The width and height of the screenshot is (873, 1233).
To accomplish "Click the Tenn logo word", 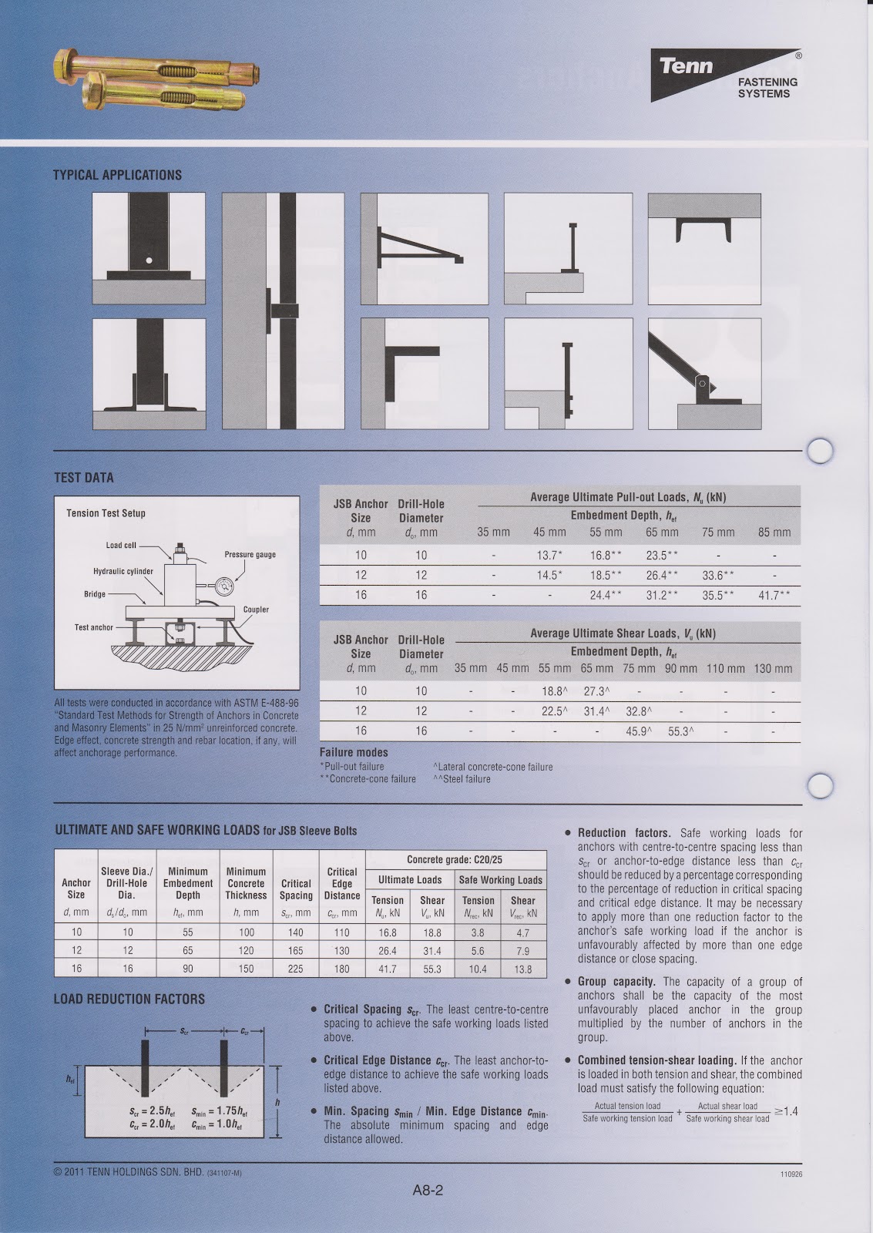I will pyautogui.click(x=686, y=66).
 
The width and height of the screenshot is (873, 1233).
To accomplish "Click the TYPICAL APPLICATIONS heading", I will pyautogui.click(x=117, y=175).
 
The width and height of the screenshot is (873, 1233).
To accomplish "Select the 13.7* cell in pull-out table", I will pyautogui.click(x=549, y=555).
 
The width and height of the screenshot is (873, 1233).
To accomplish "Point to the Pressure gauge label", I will pyautogui.click(x=250, y=554).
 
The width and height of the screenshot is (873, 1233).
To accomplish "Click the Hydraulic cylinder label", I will pyautogui.click(x=123, y=572).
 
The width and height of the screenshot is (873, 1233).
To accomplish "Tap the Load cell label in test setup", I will pyautogui.click(x=121, y=545).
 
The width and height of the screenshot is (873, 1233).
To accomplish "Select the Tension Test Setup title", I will pyautogui.click(x=106, y=513).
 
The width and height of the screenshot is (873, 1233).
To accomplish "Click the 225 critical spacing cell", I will pyautogui.click(x=296, y=969).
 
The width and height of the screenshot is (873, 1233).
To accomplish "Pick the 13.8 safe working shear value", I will pyautogui.click(x=522, y=969).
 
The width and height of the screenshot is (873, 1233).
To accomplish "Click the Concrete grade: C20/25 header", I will pyautogui.click(x=455, y=859).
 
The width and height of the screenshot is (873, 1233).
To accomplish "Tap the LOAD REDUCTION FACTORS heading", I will pyautogui.click(x=129, y=999).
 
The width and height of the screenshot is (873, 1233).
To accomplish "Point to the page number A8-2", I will pyautogui.click(x=428, y=1190).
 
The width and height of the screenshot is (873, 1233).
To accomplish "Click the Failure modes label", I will pyautogui.click(x=354, y=752).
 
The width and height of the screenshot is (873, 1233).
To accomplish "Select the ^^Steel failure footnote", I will pyautogui.click(x=462, y=779).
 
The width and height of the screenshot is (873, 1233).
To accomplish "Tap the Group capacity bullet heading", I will pyautogui.click(x=616, y=982).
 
